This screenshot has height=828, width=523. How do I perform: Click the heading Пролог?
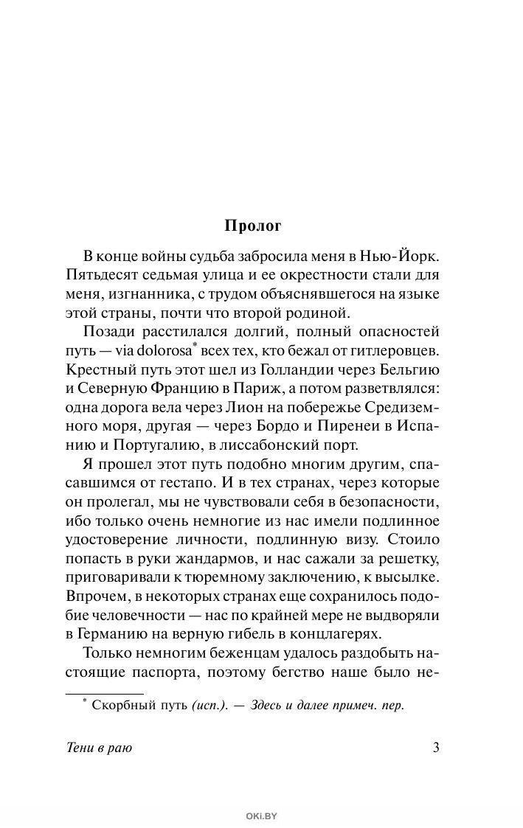coord(261,226)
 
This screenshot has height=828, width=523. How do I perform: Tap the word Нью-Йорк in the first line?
coord(401,257)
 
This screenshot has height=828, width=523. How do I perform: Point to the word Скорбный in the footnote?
coord(123,706)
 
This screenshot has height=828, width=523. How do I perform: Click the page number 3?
coord(436,748)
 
